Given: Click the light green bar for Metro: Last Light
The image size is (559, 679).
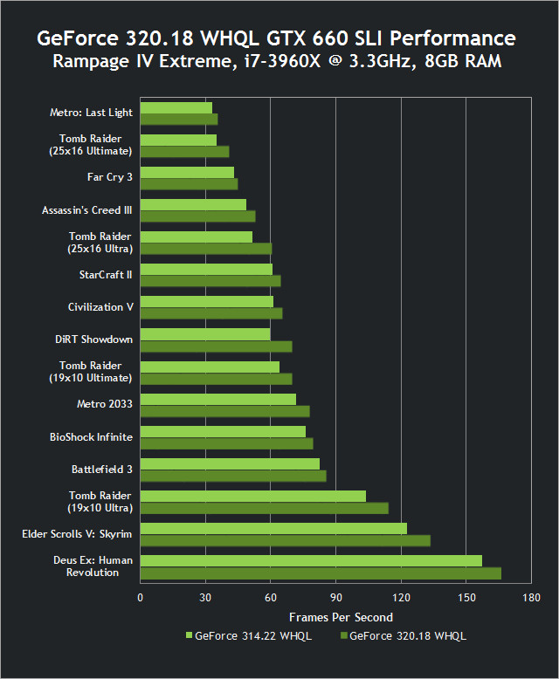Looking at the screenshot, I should [x=176, y=107].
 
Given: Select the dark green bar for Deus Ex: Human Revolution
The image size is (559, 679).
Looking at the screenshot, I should [x=321, y=573].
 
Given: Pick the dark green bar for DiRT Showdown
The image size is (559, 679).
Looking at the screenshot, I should [x=216, y=346].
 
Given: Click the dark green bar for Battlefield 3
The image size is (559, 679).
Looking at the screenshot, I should [x=233, y=476].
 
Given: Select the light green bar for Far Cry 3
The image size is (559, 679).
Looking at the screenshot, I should [x=187, y=172].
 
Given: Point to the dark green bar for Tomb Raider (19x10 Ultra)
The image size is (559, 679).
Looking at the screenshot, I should [x=264, y=508].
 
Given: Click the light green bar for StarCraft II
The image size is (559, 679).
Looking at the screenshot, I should [x=206, y=269].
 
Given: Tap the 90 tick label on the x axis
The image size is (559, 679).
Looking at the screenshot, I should [x=335, y=598].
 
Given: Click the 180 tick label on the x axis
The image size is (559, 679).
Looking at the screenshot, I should [x=530, y=598].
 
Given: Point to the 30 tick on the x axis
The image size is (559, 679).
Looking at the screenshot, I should [x=205, y=598].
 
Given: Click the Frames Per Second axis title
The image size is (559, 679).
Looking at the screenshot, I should [x=335, y=617].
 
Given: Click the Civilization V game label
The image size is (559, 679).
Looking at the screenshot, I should [x=100, y=307].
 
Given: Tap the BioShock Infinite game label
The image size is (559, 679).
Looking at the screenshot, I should [x=91, y=436].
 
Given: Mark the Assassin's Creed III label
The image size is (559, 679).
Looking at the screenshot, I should [x=87, y=210].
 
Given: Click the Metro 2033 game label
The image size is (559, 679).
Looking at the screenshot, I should [x=105, y=404].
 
